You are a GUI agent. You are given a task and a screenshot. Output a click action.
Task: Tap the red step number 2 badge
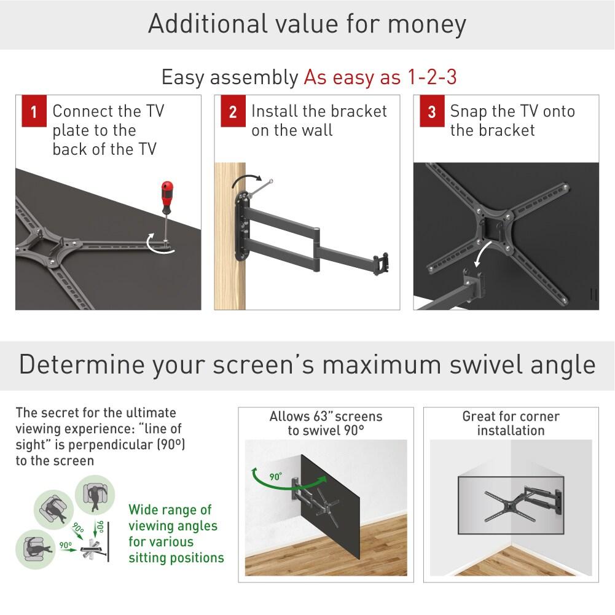tap(232, 112)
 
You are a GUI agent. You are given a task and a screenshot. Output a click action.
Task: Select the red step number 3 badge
tap(431, 112)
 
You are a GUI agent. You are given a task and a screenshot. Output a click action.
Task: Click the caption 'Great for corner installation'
tap(511, 423)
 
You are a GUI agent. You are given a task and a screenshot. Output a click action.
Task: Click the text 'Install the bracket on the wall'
tap(319, 120)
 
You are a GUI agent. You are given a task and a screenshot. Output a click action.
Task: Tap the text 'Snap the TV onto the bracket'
tap(512, 120)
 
